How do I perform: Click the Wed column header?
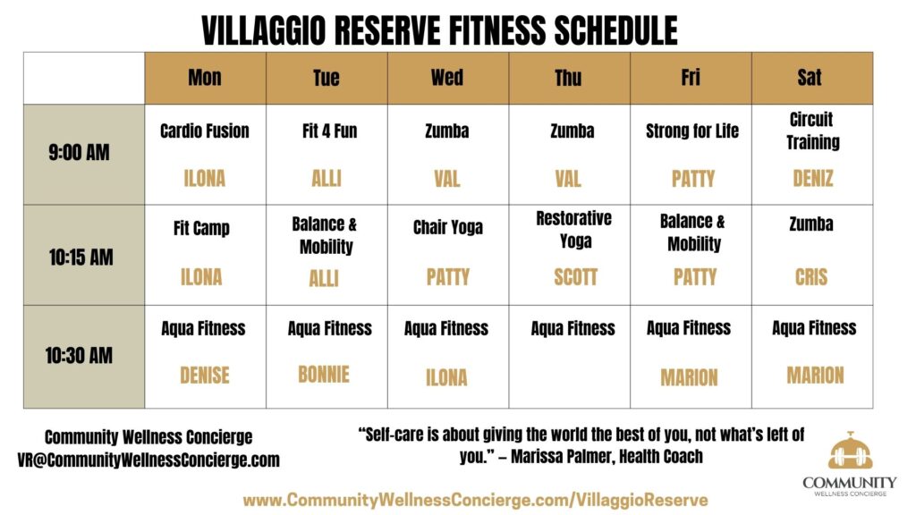pos(447,78)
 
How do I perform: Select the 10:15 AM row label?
pos(81,257)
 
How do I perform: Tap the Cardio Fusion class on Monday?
pos(205,131)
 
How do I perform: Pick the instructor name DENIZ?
pos(812,178)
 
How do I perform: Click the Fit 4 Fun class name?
pos(329,131)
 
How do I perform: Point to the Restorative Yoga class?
pos(574,230)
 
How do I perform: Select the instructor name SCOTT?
pos(575,277)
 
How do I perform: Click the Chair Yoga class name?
pos(448,227)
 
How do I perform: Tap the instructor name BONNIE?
pos(324,375)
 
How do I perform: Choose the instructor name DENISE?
pos(205,376)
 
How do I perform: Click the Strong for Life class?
pos(692,131)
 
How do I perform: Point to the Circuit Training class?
pos(812,131)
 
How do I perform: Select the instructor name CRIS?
pos(810,277)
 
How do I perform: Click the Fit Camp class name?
pos(201,228)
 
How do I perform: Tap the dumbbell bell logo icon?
pos(850,451)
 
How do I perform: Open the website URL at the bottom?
pos(476,501)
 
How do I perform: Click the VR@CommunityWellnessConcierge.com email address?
pos(148,460)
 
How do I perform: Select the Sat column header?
pos(810,77)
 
